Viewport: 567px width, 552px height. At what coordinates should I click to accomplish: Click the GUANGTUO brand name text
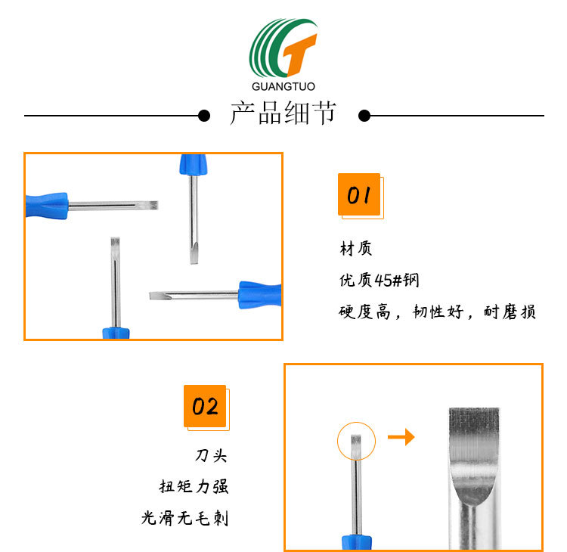pos(283,86)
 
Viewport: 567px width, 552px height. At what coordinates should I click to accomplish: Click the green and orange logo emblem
pos(283,48)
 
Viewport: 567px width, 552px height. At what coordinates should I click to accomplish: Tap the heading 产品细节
pos(283,115)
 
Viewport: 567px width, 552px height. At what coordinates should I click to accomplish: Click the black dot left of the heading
pos(203,116)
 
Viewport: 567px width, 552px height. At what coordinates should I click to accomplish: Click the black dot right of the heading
pos(364,116)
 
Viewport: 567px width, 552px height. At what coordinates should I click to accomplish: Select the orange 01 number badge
pos(359,195)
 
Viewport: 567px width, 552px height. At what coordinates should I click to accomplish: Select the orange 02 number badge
pos(205,407)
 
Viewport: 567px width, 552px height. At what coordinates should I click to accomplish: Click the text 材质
pos(355,248)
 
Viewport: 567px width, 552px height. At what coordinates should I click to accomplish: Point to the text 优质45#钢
pos(379,281)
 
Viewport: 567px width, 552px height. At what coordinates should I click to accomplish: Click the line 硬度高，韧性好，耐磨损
pos(437,312)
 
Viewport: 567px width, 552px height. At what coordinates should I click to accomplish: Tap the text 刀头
pos(211,455)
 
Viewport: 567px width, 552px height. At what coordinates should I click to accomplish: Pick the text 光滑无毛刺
pos(184,518)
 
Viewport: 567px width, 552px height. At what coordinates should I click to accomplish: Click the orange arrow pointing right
pos(401,437)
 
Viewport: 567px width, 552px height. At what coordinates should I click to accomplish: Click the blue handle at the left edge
pos(45,204)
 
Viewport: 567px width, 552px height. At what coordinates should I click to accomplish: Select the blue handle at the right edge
pos(261,294)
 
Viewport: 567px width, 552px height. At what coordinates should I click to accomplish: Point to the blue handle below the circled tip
pos(356,540)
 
